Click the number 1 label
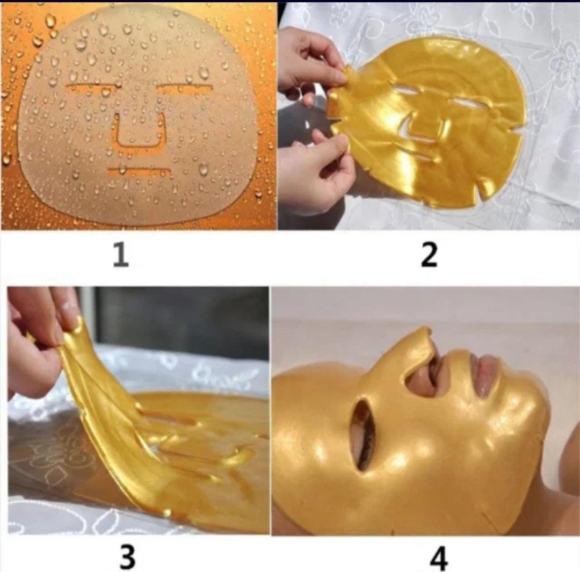click(121, 255)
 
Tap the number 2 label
click(429, 255)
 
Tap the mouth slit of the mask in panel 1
click(139, 171)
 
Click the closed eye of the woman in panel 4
click(364, 437)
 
